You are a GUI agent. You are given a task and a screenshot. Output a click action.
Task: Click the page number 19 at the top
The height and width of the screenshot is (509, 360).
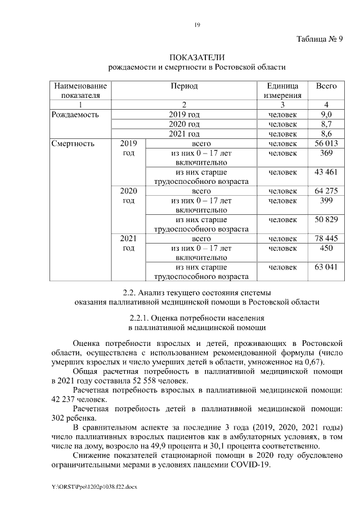coord(197,24)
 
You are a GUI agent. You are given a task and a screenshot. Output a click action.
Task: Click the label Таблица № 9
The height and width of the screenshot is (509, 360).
coord(319,39)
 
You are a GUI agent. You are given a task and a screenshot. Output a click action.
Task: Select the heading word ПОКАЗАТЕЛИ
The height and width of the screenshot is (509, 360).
coord(197,57)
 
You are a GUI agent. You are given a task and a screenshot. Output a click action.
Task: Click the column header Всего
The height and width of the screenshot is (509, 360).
coord(326,86)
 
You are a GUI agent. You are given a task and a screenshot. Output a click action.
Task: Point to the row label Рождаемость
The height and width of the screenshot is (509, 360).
coord(75,114)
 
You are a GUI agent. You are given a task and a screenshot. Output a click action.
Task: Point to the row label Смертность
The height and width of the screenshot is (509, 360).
coord(73,143)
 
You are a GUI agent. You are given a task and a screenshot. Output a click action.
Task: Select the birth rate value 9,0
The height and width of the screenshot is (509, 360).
coord(326,114)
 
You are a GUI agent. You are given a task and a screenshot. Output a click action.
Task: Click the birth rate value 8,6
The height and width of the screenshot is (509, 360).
coord(326,134)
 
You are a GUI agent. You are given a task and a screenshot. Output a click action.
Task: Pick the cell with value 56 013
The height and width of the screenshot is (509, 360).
coord(326,143)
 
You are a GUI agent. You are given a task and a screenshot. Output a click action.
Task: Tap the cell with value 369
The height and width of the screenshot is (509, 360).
coord(326,153)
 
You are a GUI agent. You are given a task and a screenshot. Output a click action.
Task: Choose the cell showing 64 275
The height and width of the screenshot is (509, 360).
coord(326,191)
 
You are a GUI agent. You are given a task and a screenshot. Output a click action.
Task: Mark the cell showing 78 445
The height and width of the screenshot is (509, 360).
coord(326,238)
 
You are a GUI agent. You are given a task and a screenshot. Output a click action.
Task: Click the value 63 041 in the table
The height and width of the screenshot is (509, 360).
coord(326,267)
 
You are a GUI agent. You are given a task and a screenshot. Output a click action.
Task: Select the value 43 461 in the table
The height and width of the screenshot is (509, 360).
coord(326,172)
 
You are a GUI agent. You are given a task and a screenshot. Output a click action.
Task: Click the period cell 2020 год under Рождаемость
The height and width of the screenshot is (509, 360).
coord(184,124)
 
